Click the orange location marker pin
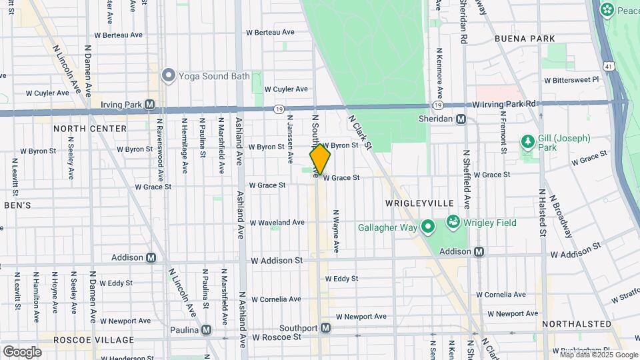(x=320, y=159)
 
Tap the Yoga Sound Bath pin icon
(x=168, y=75)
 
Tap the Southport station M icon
(x=325, y=328)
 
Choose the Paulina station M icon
(x=207, y=329)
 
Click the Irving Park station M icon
(x=150, y=105)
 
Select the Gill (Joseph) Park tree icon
(x=527, y=142)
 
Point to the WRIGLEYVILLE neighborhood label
(x=419, y=203)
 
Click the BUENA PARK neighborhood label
(x=525, y=39)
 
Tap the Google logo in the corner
(x=22, y=351)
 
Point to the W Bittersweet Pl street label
(x=571, y=79)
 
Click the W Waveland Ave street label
(x=280, y=223)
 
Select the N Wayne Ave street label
(x=336, y=231)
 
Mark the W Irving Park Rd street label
(x=504, y=104)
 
